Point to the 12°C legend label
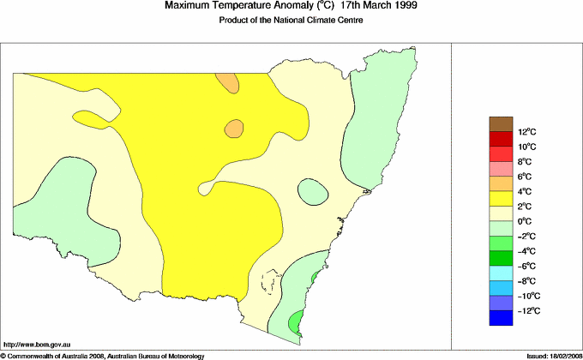(527, 131)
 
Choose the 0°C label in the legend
(526, 221)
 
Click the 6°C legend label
(526, 177)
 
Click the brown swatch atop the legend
(501, 123)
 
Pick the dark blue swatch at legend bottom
(501, 319)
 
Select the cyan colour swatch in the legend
(501, 273)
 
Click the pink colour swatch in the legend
(501, 169)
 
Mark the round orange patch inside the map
(235, 129)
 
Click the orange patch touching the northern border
(227, 81)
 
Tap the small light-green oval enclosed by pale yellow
(312, 192)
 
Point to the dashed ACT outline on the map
(271, 284)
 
